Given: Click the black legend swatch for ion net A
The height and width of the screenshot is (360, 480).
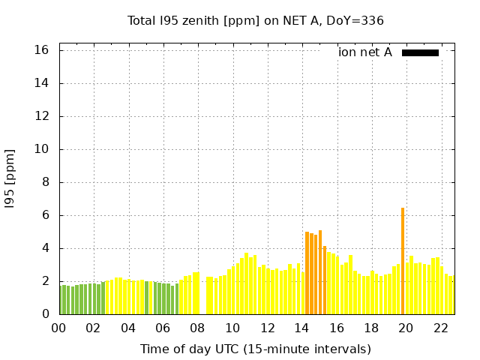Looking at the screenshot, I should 420,52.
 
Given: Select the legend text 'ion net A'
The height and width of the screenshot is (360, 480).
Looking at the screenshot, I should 365,52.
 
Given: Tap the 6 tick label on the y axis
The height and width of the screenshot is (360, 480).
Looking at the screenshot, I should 45,215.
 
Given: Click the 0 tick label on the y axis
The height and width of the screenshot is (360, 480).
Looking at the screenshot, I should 45,314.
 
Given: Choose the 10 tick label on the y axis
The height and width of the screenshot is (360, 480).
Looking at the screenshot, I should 42,149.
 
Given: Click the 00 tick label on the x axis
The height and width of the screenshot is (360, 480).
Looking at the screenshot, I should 58,328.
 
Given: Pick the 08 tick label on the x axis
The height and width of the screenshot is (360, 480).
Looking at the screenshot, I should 198,328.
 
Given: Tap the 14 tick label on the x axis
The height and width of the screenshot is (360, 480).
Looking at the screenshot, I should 301,328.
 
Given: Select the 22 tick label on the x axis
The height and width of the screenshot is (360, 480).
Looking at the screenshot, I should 441,328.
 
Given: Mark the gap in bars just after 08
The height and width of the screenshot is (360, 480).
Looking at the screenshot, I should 202,296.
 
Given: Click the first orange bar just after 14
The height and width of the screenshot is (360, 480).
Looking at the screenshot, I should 307,273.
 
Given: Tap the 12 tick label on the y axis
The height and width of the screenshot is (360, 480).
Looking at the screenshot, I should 42,116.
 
